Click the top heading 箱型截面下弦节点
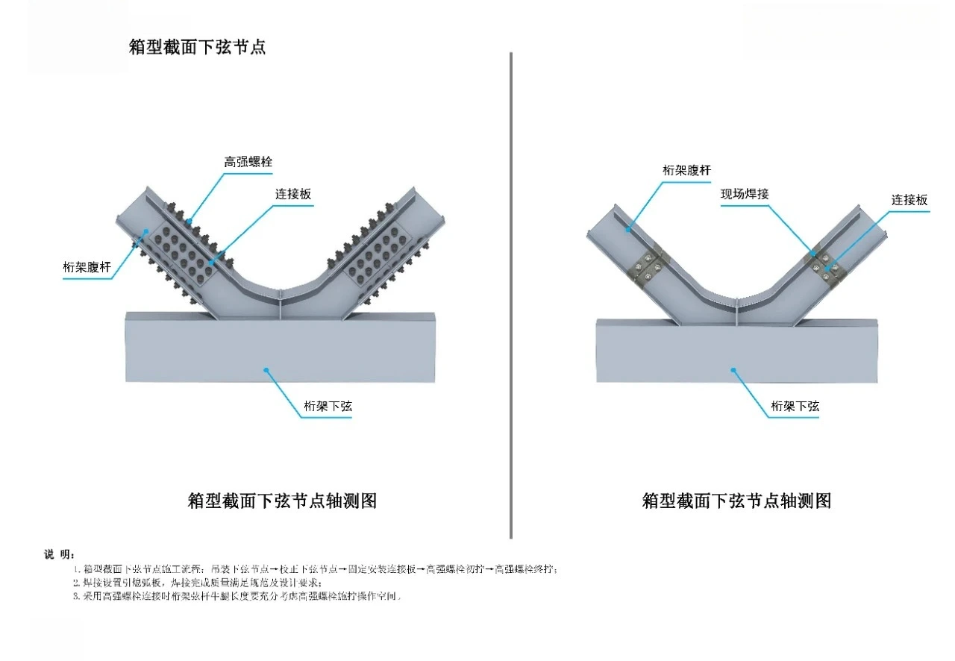pyautogui.click(x=198, y=47)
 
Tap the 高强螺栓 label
pyautogui.click(x=243, y=161)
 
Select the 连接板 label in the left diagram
pyautogui.click(x=293, y=194)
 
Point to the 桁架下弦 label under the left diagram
pyautogui.click(x=328, y=407)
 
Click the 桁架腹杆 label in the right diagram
pyautogui.click(x=686, y=170)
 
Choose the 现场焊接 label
pyautogui.click(x=744, y=194)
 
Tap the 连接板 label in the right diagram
pyautogui.click(x=909, y=200)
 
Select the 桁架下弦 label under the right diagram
pyautogui.click(x=795, y=407)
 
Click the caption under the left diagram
pyautogui.click(x=282, y=501)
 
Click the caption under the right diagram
pyautogui.click(x=736, y=501)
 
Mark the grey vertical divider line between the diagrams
pyautogui.click(x=511, y=298)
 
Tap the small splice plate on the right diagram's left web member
pyautogui.click(x=647, y=264)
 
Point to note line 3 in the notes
pyautogui.click(x=239, y=596)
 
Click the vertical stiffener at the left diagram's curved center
pyautogui.click(x=281, y=306)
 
